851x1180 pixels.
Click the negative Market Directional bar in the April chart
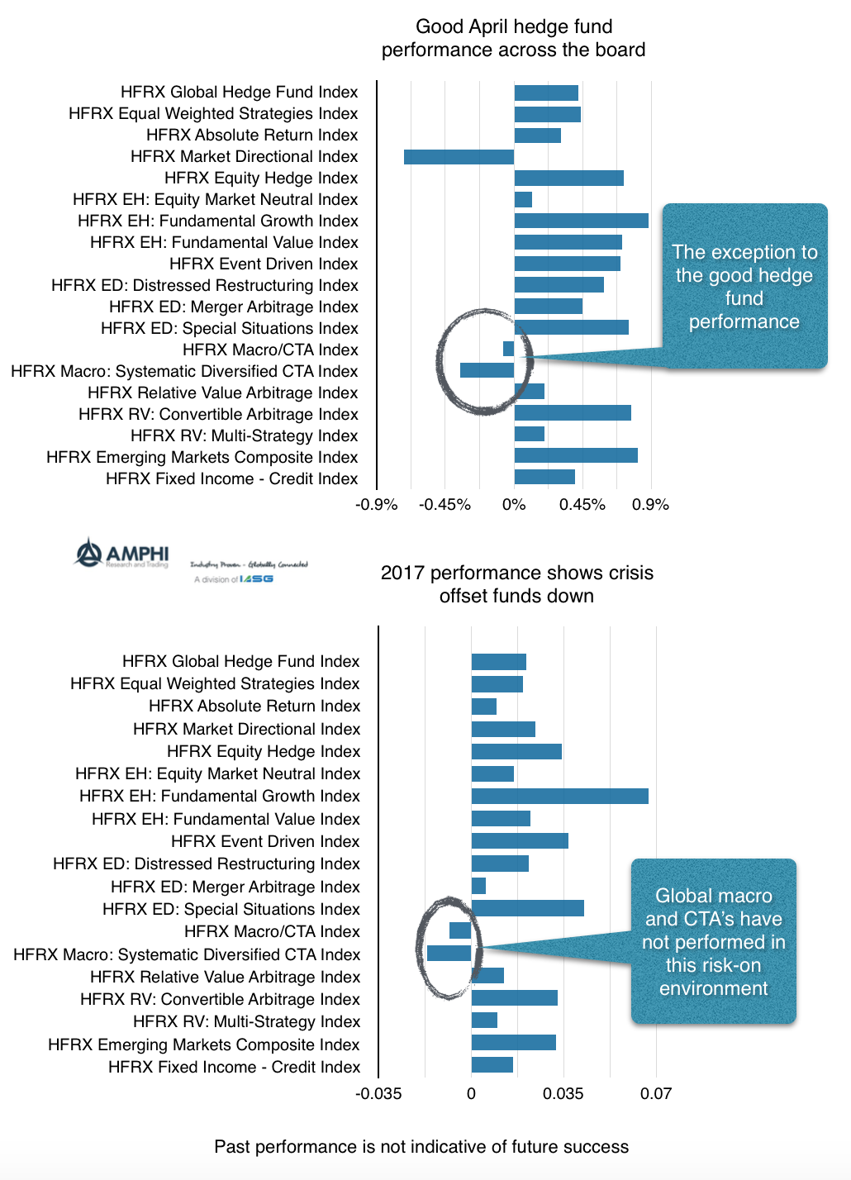459,157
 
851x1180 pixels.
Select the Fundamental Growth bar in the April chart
581,221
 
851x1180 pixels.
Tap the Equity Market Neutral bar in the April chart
523,199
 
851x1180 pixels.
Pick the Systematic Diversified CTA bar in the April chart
487,370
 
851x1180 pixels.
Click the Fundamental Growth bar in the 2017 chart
559,796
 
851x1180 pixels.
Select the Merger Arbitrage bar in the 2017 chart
478,886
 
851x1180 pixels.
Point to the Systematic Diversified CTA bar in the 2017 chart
449,954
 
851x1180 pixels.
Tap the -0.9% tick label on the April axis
377,504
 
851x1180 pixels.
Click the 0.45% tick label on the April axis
582,504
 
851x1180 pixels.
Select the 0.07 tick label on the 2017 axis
656,1093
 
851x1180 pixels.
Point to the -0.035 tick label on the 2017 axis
378,1093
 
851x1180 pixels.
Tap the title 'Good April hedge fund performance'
513,39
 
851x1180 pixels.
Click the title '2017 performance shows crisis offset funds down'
516,584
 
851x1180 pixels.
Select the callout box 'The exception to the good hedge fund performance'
744,286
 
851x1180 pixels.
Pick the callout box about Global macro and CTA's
714,942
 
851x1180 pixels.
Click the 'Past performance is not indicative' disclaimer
421,1146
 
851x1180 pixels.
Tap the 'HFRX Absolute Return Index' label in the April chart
252,135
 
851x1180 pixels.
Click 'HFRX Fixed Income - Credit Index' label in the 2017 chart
234,1067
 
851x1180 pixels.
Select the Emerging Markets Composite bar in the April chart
576,455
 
